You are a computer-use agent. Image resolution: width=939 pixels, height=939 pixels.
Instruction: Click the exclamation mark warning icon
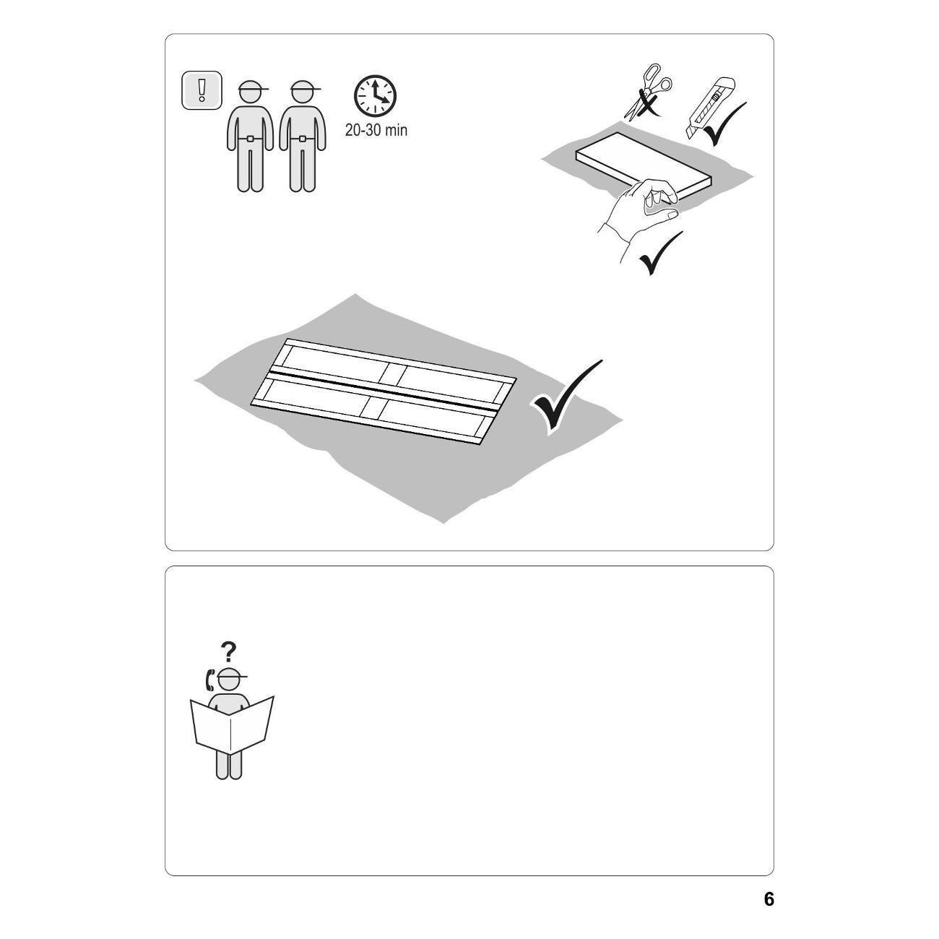coord(202,90)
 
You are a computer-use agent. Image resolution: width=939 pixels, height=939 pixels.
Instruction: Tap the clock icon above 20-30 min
coord(375,96)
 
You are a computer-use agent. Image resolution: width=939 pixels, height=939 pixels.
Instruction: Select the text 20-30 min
coord(376,130)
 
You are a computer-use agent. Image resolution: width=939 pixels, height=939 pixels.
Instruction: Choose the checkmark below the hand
coord(660,254)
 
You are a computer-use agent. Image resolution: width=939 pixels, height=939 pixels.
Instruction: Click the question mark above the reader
coord(228,651)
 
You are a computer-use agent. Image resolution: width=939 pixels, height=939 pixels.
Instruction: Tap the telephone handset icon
coord(210,680)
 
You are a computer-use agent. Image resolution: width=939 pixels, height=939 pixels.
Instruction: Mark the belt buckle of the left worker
coord(251,139)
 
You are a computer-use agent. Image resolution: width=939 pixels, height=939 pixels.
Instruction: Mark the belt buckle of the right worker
coord(303,139)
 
